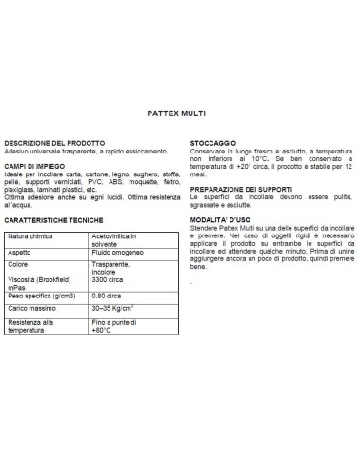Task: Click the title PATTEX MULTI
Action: pos(179,112)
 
